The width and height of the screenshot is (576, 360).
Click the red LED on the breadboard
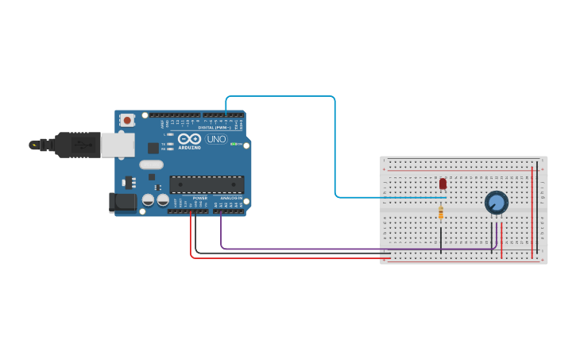coord(443,184)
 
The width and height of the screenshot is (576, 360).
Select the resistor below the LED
coord(441,212)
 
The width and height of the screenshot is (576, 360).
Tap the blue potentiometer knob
coord(497,203)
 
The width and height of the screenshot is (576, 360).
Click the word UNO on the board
coord(216,139)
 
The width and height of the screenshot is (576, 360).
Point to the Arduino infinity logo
coord(189,139)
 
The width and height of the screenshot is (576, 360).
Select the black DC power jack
coord(122,203)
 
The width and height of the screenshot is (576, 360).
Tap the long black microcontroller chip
coord(207,184)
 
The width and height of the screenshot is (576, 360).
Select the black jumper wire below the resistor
coord(441,238)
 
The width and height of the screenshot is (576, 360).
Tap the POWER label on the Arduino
coord(199,198)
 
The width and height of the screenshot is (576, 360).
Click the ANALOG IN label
coord(231,198)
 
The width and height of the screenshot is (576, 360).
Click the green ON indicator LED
coord(237,144)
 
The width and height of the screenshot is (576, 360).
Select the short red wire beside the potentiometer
coord(501,235)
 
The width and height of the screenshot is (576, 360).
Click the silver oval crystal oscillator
coord(151,165)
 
